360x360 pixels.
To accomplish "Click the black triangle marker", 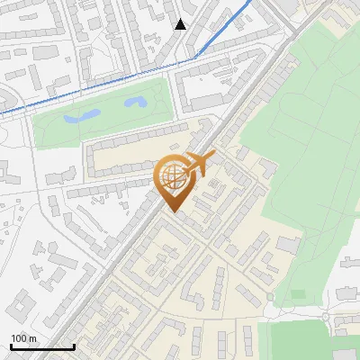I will tap(181, 24).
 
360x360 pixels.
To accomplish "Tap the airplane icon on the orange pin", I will tap(197, 165).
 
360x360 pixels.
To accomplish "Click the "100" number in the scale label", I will tap(19, 337).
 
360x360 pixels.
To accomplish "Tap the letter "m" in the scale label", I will tap(32, 337).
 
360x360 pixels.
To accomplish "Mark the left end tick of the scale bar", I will tap(11, 345).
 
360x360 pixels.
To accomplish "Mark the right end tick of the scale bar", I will tap(74, 345).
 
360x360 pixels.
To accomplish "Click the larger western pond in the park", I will tap(80, 116).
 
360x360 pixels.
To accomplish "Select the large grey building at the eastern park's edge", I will tap(289, 244).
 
